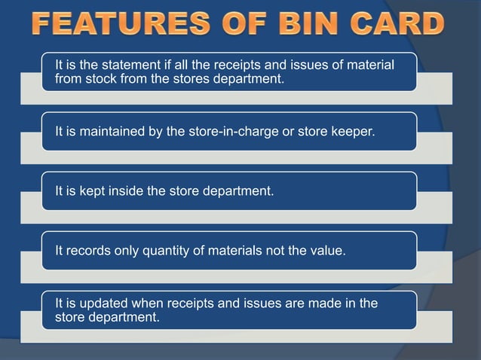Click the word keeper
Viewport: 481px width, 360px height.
click(x=354, y=132)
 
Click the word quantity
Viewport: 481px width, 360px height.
click(x=167, y=251)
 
